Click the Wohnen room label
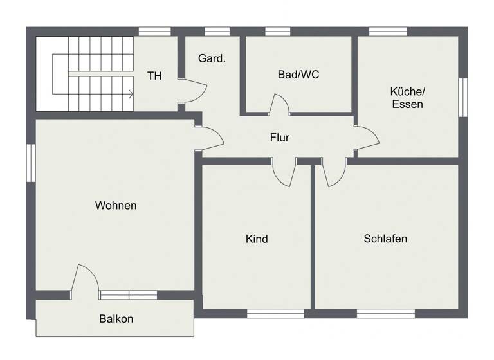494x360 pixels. pyautogui.click(x=116, y=206)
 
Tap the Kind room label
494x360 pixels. pyautogui.click(x=257, y=239)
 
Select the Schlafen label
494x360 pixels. pyautogui.click(x=385, y=239)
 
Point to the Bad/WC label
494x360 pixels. pyautogui.click(x=298, y=75)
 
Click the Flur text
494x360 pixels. pyautogui.click(x=279, y=138)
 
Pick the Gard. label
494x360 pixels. pyautogui.click(x=212, y=59)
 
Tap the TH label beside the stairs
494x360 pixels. pyautogui.click(x=154, y=76)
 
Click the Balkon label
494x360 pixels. pyautogui.click(x=116, y=319)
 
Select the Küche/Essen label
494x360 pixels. pyautogui.click(x=407, y=97)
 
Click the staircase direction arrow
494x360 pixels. pyautogui.click(x=131, y=94)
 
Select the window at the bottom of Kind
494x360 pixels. pyautogui.click(x=275, y=314)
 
